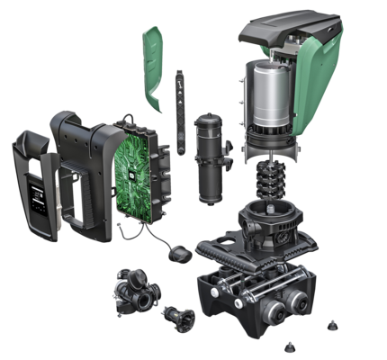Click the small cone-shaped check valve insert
[x=175, y=316]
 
